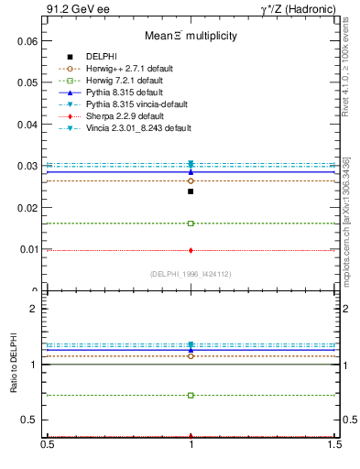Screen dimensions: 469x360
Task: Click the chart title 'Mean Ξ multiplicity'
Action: click(190, 37)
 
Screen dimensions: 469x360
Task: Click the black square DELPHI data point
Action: click(191, 191)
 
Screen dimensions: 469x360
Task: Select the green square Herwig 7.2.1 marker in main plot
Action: click(191, 224)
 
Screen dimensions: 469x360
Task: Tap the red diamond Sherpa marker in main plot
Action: click(191, 250)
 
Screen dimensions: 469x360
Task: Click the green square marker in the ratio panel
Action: click(191, 396)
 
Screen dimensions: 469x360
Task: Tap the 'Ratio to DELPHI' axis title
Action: click(14, 365)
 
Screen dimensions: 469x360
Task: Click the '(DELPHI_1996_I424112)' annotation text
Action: click(190, 273)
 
